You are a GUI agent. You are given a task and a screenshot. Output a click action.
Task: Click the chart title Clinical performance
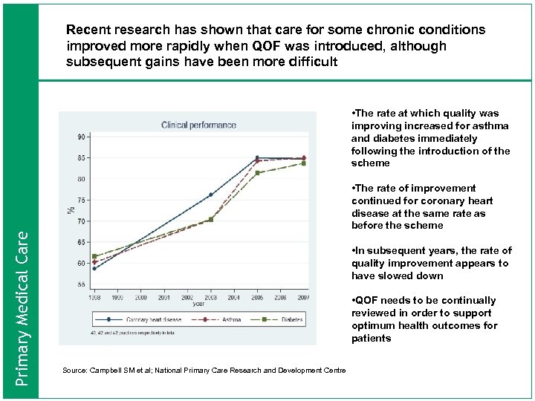pos(198,125)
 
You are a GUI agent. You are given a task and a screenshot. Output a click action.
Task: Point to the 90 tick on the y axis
pos(80,137)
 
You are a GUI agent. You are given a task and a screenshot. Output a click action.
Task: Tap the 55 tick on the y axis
pos(80,284)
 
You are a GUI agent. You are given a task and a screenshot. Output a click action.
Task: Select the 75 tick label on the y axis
pos(80,200)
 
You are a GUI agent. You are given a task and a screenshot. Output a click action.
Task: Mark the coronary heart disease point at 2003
pos(210,195)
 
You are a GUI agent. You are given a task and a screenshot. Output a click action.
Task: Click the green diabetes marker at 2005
pos(257,173)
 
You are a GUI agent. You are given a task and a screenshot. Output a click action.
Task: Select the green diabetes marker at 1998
pos(94,256)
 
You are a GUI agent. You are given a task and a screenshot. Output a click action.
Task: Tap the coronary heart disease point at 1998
pos(94,268)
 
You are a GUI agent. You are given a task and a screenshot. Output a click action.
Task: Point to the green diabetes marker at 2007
pos(303,163)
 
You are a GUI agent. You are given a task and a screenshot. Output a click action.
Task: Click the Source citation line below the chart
pos(204,370)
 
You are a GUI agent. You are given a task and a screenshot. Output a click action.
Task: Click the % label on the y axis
pos(72,209)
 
